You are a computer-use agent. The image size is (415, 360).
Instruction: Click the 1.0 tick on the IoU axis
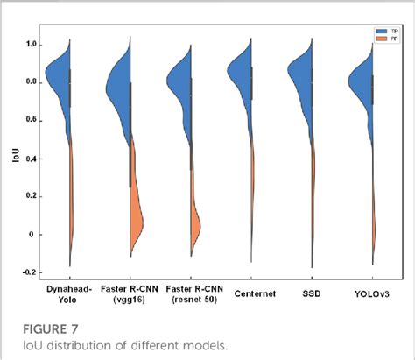point(33,44)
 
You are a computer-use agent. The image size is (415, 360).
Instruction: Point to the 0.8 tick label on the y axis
point(33,82)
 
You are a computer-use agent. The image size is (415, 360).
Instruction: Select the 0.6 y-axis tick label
point(33,121)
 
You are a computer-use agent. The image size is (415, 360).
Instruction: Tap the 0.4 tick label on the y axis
point(33,159)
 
